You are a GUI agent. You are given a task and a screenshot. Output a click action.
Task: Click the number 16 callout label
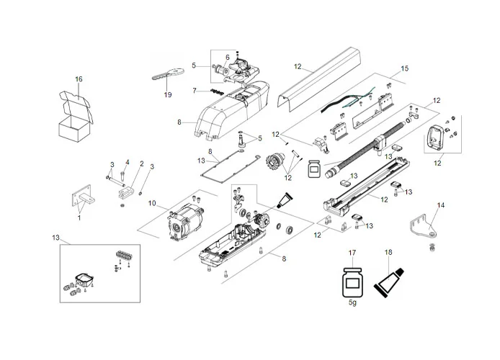coord(79,78)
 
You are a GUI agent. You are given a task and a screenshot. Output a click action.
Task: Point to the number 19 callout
coord(167,95)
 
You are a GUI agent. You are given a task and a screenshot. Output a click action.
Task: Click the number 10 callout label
coord(152,204)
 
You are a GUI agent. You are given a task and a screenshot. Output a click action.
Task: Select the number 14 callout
coord(441,205)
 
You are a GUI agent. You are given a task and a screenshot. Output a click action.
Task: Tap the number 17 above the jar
coord(352,253)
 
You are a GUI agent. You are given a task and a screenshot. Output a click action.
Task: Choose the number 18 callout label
coord(389,253)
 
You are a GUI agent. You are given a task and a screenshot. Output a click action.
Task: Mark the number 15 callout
coord(404,68)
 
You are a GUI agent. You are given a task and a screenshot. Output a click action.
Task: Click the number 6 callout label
coord(227,57)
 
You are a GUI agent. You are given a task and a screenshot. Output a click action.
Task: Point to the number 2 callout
coord(141,163)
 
